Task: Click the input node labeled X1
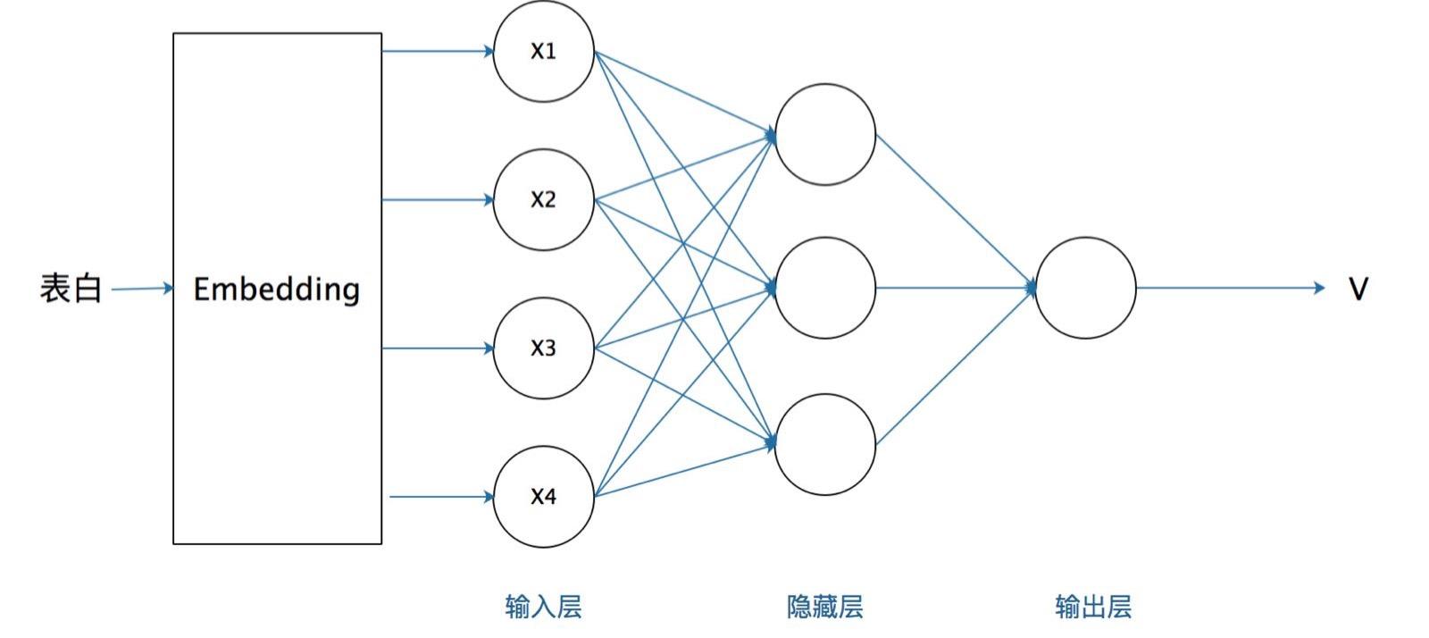[543, 52]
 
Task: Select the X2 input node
[543, 200]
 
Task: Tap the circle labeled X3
[543, 348]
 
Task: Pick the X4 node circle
[543, 497]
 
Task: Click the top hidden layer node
[824, 135]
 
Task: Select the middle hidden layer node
[824, 288]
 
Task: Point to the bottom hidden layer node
[824, 444]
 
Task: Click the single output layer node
[1085, 288]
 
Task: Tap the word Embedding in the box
[277, 289]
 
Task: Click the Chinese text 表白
[71, 289]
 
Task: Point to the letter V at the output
[1358, 289]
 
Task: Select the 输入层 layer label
[543, 608]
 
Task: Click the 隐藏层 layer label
[824, 608]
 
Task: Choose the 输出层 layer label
[1093, 608]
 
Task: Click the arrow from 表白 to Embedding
[141, 289]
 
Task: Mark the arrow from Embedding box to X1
[438, 51]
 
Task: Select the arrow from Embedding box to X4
[441, 497]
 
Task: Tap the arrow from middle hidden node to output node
[955, 288]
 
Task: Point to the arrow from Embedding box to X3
[438, 348]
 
